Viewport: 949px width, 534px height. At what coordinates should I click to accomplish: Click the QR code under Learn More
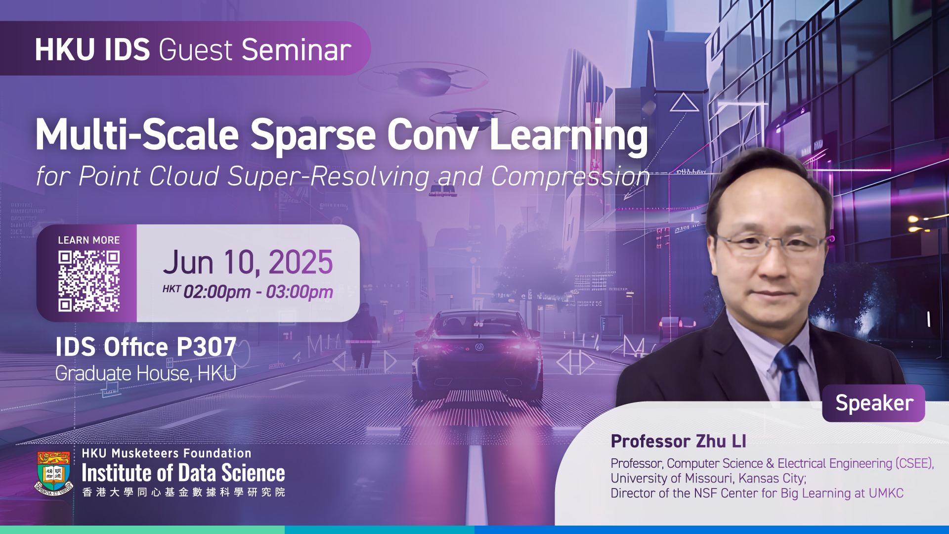[x=89, y=281]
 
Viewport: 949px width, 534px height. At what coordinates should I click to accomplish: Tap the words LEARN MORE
[x=89, y=240]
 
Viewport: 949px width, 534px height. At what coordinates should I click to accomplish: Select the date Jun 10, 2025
[x=248, y=262]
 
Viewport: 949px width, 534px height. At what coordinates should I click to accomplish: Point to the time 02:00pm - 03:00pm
[x=258, y=292]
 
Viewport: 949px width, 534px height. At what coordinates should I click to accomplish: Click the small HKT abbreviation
[x=172, y=289]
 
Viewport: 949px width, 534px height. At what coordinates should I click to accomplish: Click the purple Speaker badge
[x=874, y=403]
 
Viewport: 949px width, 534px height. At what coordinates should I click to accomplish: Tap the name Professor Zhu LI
[x=679, y=441]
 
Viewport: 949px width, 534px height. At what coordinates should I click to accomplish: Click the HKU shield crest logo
[x=54, y=473]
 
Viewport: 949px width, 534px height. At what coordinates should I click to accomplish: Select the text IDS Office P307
[x=146, y=347]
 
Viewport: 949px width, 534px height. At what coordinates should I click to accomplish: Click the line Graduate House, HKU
[x=146, y=373]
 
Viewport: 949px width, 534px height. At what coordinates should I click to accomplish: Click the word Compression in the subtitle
[x=570, y=177]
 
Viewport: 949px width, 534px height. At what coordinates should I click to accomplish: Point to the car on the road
[x=478, y=356]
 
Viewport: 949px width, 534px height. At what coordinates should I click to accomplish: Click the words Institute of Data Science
[x=183, y=473]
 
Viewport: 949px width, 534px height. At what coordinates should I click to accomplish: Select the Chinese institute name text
[x=183, y=492]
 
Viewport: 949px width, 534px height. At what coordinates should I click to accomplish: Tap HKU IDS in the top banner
[x=92, y=50]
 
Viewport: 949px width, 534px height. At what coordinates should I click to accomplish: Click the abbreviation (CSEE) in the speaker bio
[x=915, y=464]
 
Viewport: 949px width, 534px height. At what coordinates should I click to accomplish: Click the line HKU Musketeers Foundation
[x=167, y=453]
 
